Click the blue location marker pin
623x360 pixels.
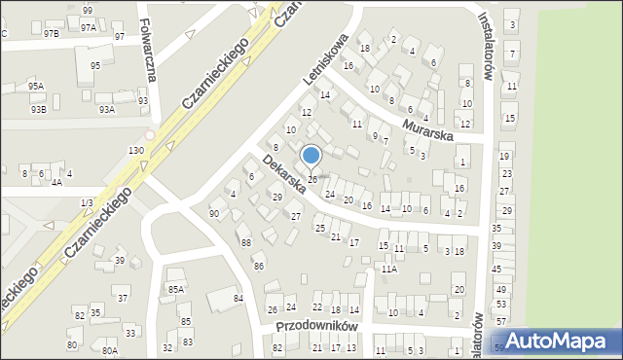point(311,156)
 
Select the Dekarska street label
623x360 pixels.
point(283,171)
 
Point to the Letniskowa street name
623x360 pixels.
point(325,60)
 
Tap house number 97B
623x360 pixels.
point(52,33)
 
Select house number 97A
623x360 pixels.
point(89,27)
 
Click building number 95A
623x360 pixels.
point(36,86)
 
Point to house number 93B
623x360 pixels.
point(38,110)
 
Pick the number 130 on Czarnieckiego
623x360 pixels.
point(136,150)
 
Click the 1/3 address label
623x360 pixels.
point(87,202)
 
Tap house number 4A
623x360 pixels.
point(56,182)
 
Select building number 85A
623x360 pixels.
point(175,289)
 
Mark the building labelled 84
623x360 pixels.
point(238,297)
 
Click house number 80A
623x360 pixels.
point(109,350)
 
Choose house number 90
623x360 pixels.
point(214,213)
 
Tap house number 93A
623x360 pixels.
point(106,110)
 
